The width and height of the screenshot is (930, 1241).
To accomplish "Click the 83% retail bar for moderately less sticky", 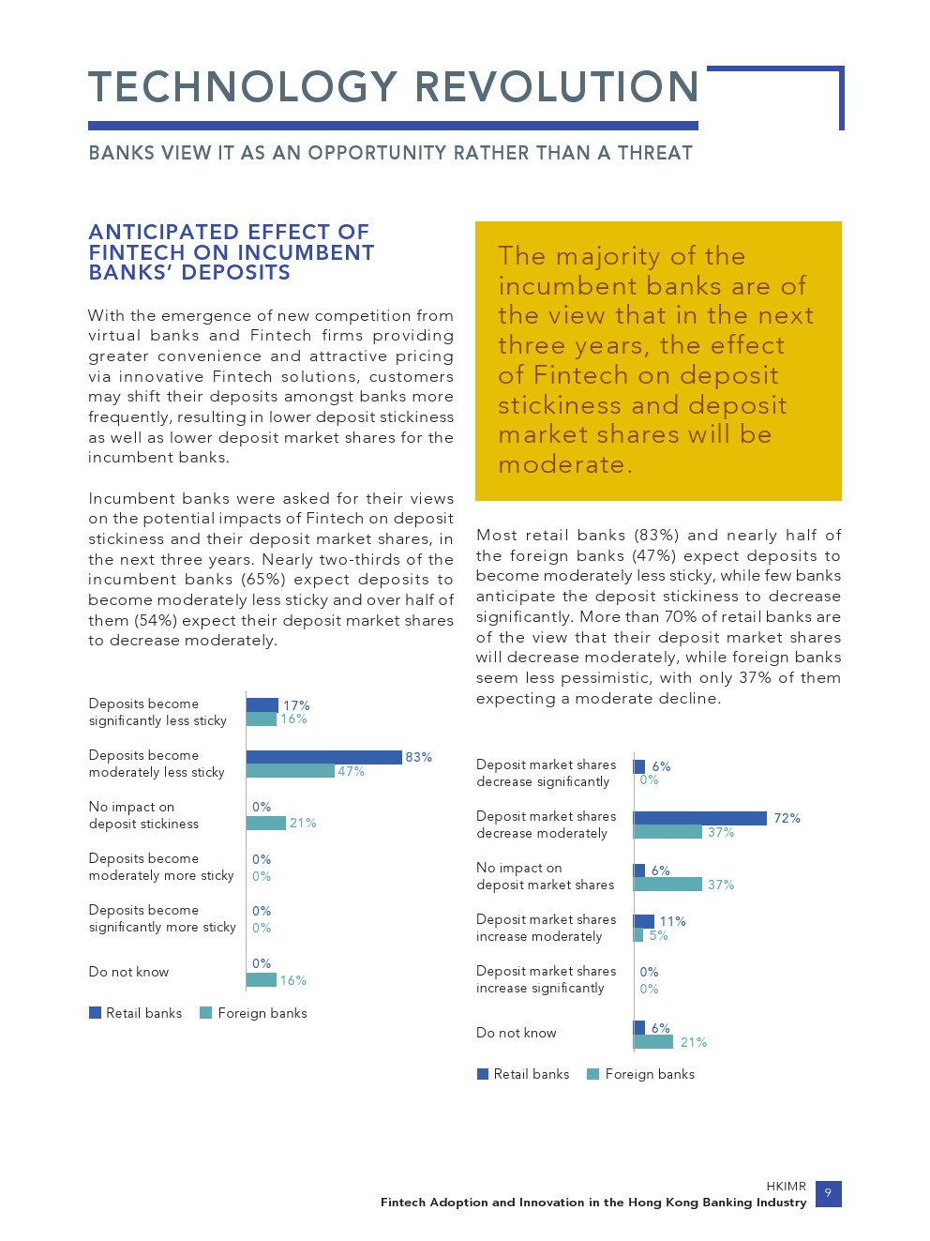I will coord(323,757).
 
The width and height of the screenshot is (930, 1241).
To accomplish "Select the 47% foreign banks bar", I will coord(290,771).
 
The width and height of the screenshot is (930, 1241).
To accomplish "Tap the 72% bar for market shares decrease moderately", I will coord(700,818).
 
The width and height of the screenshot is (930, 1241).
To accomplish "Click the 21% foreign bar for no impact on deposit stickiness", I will coord(265,823).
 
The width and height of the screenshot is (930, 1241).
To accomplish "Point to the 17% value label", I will coord(296,705).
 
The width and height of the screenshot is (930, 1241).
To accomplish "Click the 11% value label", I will coord(672,921).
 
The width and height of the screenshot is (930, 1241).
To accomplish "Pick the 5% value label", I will coord(658,935).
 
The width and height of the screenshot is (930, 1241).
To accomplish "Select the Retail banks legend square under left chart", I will coord(95,1013).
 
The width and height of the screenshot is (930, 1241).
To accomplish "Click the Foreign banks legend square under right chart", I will coord(592,1074).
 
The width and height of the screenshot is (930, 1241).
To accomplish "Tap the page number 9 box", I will coord(828,1193).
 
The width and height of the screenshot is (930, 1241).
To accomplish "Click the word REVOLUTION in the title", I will coord(557,87).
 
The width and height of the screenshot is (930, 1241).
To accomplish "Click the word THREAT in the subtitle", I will coord(654,153).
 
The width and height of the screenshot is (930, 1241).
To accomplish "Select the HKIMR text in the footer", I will coord(786,1187).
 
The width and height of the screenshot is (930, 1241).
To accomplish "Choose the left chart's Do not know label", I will coord(128,972).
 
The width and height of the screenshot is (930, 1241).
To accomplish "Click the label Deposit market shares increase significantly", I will coord(546,979).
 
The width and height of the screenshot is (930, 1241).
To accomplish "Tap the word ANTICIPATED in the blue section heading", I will coord(163,232).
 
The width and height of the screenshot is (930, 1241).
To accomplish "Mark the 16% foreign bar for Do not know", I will coord(261,980).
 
